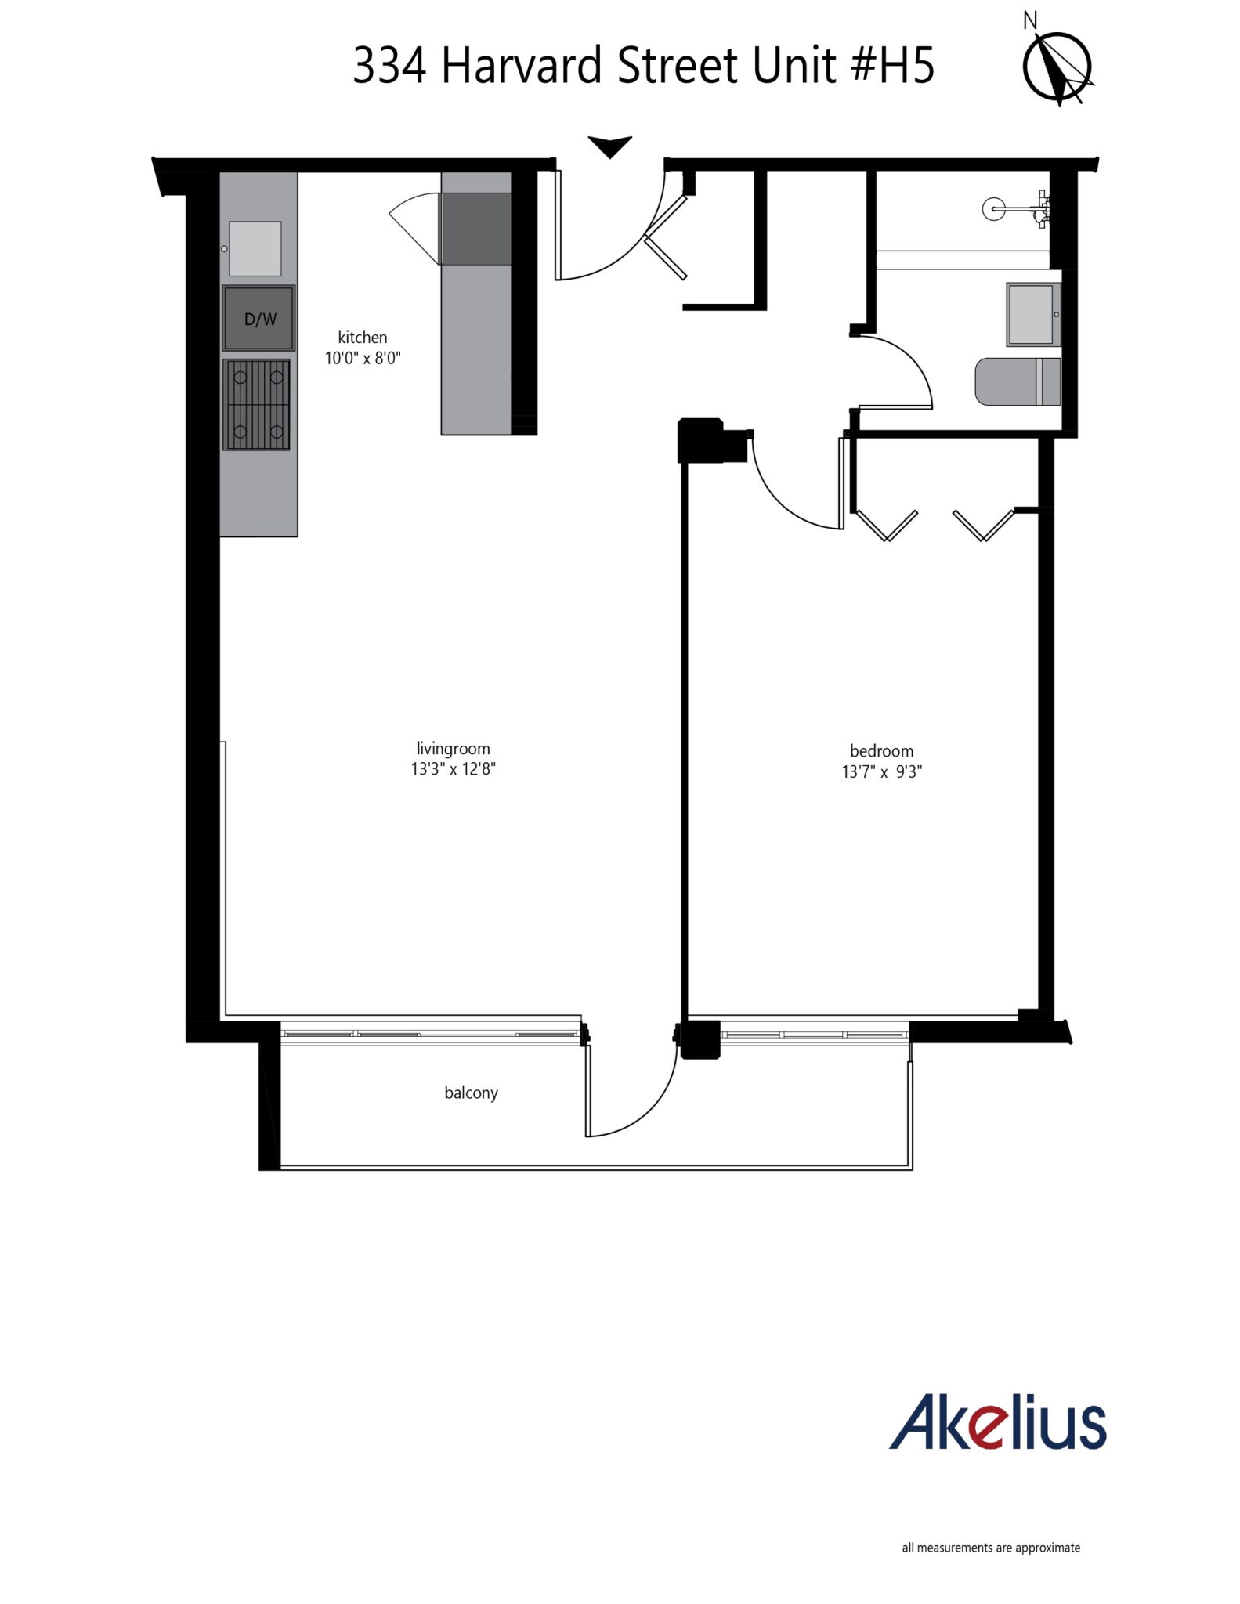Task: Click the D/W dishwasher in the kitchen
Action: tap(259, 318)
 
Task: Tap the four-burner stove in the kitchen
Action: tap(257, 405)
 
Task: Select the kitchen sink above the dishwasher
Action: tap(255, 248)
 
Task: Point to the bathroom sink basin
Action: tap(1032, 315)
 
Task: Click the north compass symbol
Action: tap(1057, 67)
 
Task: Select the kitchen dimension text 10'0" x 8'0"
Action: tap(363, 359)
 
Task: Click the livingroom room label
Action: tap(453, 749)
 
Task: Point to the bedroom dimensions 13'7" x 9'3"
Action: tap(881, 772)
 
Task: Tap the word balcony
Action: tap(471, 1093)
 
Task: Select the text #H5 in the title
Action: tap(892, 66)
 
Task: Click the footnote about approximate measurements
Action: tap(991, 1548)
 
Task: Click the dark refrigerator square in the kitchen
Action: tap(475, 229)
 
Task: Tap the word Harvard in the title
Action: tap(522, 66)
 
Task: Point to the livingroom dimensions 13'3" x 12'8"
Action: tap(453, 769)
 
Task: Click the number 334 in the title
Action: tap(389, 66)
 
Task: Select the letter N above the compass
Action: tap(1030, 21)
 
